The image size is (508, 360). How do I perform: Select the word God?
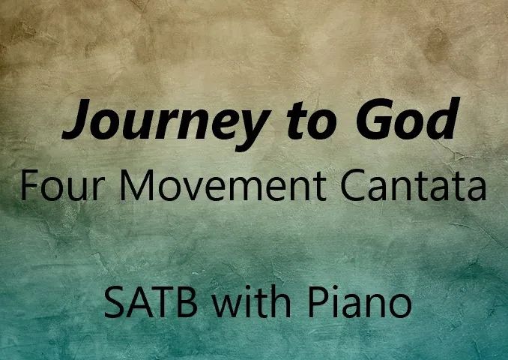[x=408, y=118]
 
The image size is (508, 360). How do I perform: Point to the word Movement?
[x=223, y=185]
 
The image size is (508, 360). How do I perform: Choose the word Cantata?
[x=414, y=185]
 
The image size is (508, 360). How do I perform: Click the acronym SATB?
[x=151, y=302]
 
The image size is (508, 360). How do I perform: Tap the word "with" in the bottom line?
[x=252, y=301]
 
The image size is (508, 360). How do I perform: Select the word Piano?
[x=360, y=301]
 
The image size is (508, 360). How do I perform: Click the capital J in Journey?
[x=76, y=118]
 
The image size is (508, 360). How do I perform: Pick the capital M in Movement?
[x=136, y=185]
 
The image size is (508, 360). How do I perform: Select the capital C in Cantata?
[x=353, y=185]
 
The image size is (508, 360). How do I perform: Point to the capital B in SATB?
[x=187, y=302]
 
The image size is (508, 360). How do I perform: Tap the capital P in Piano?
[x=318, y=302]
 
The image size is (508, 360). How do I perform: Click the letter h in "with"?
[x=282, y=301]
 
